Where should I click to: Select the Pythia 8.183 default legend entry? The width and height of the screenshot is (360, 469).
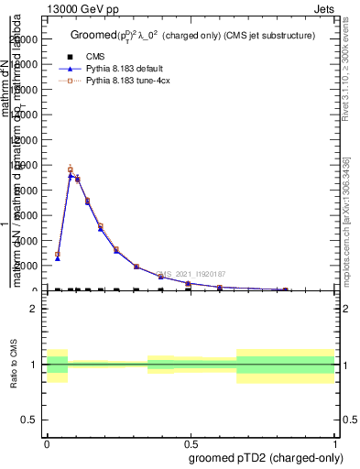pyautogui.click(x=121, y=69)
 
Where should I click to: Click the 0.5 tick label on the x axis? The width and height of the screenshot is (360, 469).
pyautogui.click(x=191, y=442)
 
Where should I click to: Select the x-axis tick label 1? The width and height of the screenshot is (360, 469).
pyautogui.click(x=335, y=442)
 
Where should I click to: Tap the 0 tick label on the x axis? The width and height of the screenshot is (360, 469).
pyautogui.click(x=47, y=442)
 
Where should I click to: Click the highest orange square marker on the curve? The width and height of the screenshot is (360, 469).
pyautogui.click(x=71, y=169)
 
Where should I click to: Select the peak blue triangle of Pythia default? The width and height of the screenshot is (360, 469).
pyautogui.click(x=71, y=175)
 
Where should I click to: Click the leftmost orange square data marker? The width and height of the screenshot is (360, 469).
pyautogui.click(x=57, y=255)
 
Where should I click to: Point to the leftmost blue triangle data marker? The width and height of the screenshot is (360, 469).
pyautogui.click(x=57, y=259)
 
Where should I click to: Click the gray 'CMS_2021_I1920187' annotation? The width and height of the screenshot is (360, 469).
pyautogui.click(x=191, y=273)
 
